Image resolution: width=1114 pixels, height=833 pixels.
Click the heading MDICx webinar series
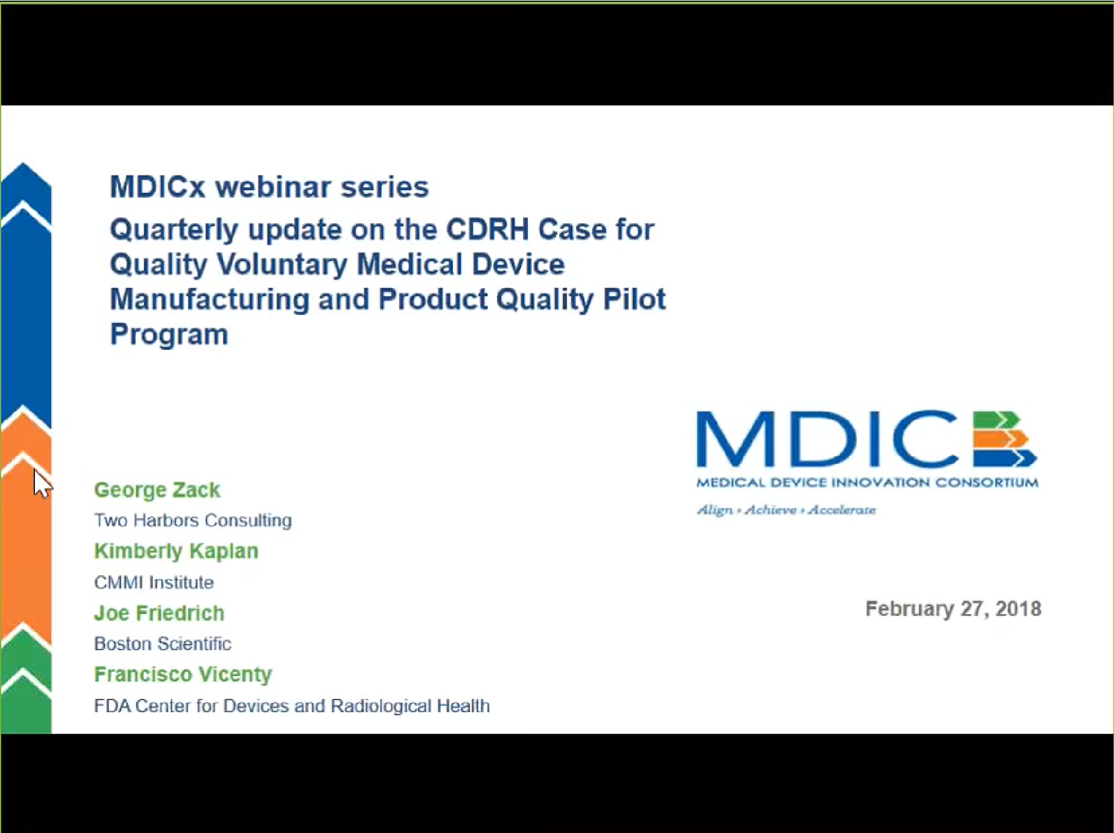pos(269,187)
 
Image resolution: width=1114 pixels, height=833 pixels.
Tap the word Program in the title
pos(169,334)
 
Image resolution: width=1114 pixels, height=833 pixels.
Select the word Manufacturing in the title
pos(210,300)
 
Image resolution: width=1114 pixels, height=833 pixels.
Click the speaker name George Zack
pos(157,490)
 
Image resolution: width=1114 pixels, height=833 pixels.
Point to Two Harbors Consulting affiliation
pos(193,520)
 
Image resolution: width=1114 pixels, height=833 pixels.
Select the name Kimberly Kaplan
pos(176,552)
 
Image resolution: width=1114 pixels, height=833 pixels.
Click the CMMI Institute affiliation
pos(154,583)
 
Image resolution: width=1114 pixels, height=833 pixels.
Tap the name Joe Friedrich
pos(159,613)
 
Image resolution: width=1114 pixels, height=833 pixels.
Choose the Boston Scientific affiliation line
pos(162,644)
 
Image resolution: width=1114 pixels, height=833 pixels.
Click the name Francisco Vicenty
pos(183,675)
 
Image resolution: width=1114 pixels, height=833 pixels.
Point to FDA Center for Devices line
pos(291,706)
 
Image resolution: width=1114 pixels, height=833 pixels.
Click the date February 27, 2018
pos(953,609)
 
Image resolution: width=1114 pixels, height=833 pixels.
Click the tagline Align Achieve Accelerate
pos(786,510)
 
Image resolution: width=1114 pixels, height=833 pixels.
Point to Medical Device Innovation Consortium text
pos(867,482)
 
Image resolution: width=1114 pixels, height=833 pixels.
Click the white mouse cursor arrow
pos(41,484)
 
